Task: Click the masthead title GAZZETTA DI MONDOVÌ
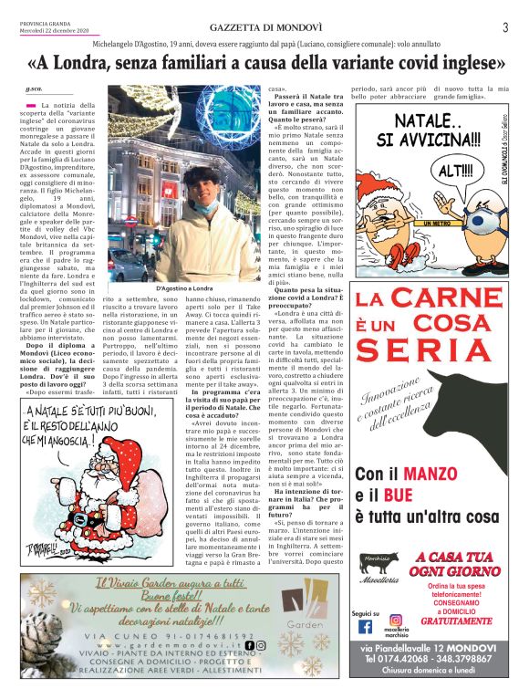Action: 264,27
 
